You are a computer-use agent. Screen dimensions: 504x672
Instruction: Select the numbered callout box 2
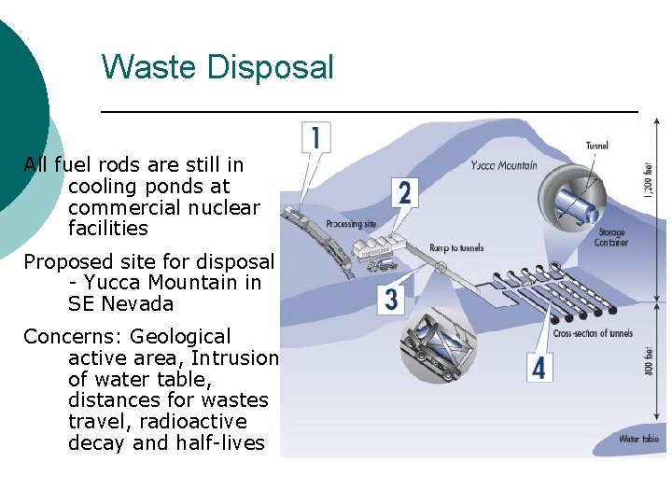[x=404, y=193]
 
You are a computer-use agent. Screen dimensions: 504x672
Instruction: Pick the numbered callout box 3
[x=391, y=299]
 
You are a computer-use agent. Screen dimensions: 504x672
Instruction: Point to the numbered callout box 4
[x=539, y=367]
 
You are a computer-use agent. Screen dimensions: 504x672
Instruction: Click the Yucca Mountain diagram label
[x=504, y=165]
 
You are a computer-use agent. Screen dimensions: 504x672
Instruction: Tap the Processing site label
[x=351, y=224]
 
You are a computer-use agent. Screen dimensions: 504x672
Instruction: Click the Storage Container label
[x=611, y=237]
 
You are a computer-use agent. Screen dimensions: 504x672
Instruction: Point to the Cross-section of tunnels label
[x=593, y=333]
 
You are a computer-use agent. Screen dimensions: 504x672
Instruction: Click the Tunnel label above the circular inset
[x=596, y=145]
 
